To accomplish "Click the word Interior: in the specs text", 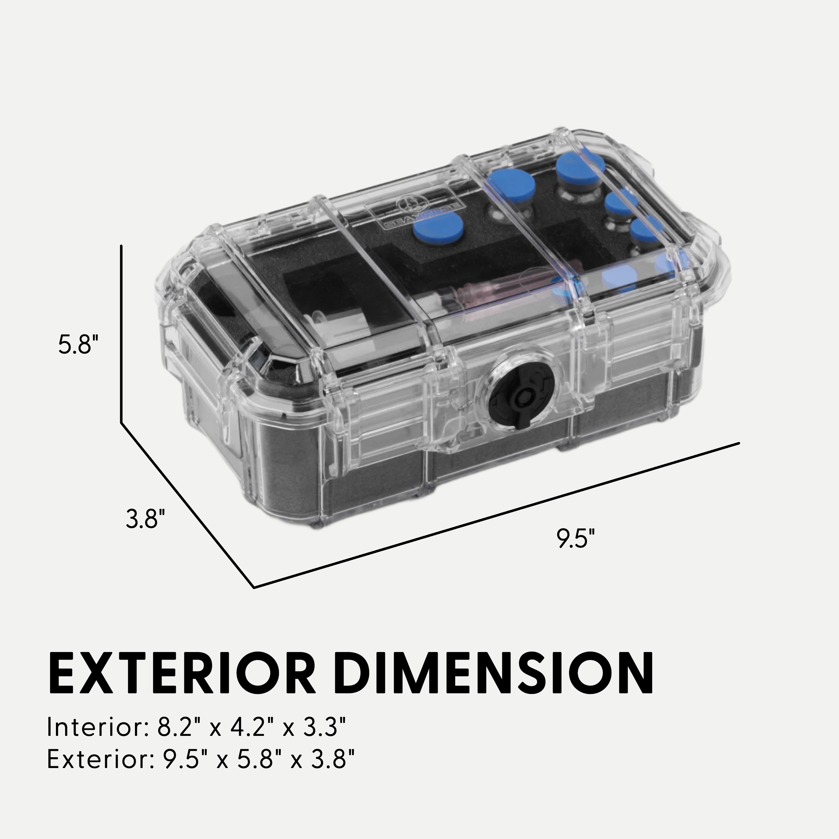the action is coord(98,726).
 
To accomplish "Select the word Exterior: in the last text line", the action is coord(100,759).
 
